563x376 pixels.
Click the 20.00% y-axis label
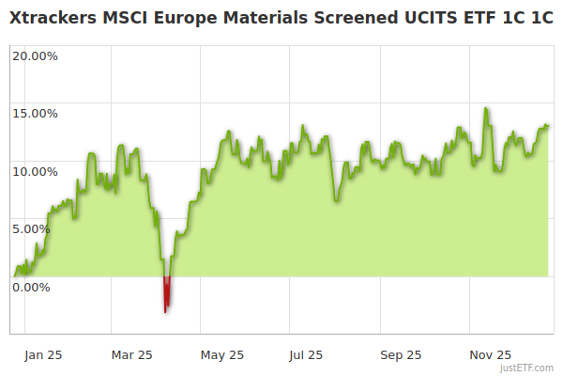click(35, 55)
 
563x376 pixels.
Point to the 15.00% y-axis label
click(35, 114)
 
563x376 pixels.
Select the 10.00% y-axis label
click(35, 171)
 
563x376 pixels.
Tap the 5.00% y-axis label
click(38, 228)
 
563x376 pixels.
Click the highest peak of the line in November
click(485, 109)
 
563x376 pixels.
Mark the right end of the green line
click(548, 126)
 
